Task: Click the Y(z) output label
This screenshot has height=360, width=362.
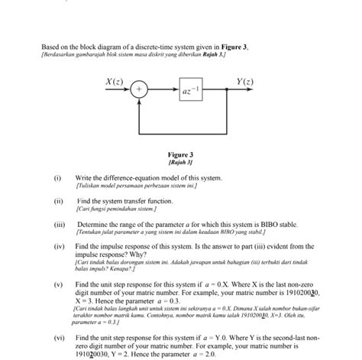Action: [x=245, y=80]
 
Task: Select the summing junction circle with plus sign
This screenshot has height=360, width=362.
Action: [x=139, y=90]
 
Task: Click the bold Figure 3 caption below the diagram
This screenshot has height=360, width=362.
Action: [x=180, y=154]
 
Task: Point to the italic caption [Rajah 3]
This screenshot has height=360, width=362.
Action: [x=180, y=162]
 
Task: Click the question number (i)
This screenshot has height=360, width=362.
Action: [x=57, y=177]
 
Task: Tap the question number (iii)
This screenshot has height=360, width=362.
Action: [x=58, y=224]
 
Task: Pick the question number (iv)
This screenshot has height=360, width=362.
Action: [x=58, y=247]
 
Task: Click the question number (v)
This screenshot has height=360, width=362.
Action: [x=57, y=284]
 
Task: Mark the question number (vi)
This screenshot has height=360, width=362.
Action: [x=58, y=336]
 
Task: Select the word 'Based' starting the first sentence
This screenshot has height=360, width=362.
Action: [x=50, y=47]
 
